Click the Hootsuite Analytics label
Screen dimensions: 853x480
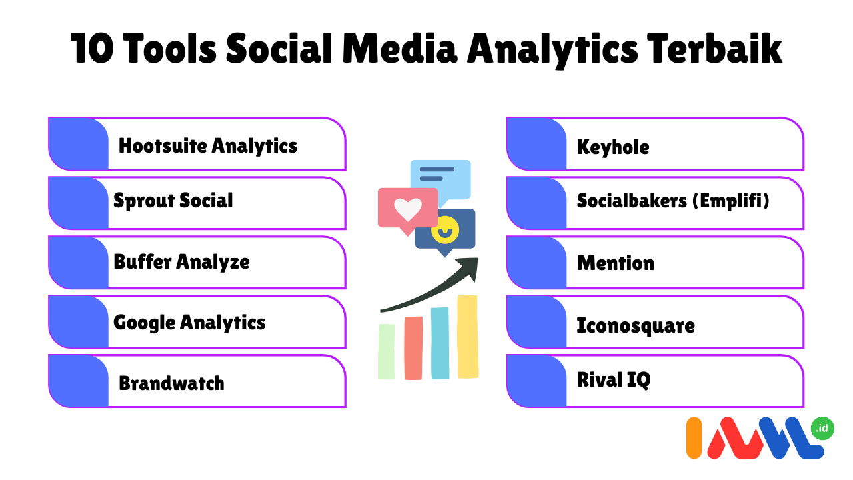click(x=207, y=146)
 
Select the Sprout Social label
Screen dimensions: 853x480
click(x=173, y=201)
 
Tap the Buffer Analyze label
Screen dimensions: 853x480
click(x=181, y=262)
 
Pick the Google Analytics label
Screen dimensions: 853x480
click(x=189, y=323)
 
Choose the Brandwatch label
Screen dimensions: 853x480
click(x=171, y=383)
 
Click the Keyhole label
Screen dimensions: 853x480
click(x=613, y=147)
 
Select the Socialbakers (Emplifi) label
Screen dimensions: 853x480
click(x=673, y=201)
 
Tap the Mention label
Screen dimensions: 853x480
click(x=615, y=263)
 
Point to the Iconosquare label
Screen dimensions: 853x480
click(x=636, y=326)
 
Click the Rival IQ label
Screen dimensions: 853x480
click(x=614, y=380)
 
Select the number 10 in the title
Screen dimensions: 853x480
click(x=92, y=49)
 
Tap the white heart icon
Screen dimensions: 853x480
click(x=407, y=209)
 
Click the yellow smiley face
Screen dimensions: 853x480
click(x=444, y=230)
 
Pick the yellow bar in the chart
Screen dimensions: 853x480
click(x=468, y=337)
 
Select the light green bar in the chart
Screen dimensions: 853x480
click(x=386, y=351)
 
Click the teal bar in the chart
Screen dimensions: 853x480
click(x=440, y=343)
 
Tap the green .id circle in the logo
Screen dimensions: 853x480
click(x=822, y=428)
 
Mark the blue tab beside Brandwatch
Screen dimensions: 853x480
click(x=79, y=381)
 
